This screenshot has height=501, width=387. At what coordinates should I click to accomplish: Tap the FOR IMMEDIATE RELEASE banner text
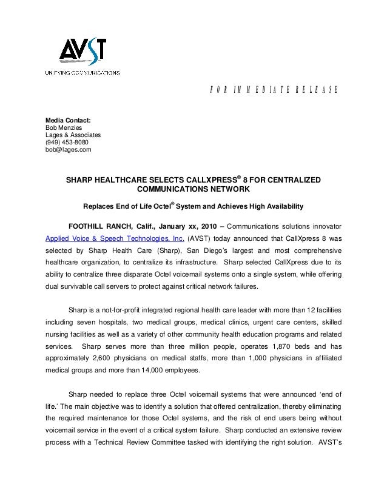pos(269,90)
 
